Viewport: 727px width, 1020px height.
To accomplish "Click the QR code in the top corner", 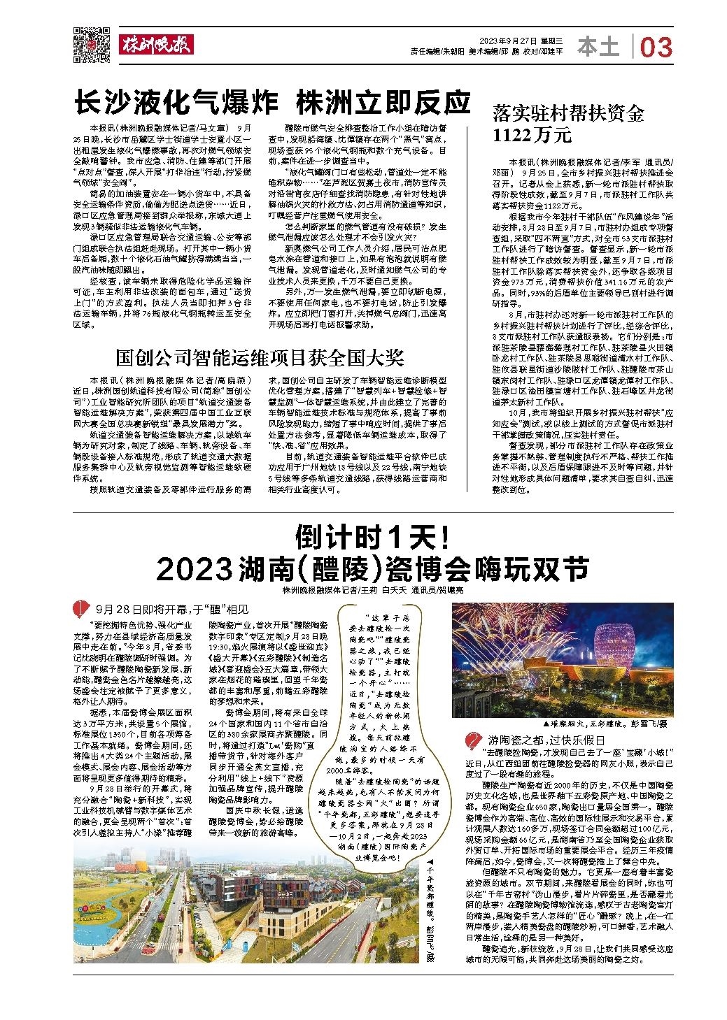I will point(92,44).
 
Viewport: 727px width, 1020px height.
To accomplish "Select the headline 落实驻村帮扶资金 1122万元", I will point(567,123).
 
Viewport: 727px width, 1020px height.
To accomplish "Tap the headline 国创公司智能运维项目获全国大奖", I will point(260,358).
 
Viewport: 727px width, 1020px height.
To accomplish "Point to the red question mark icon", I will point(473,740).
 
